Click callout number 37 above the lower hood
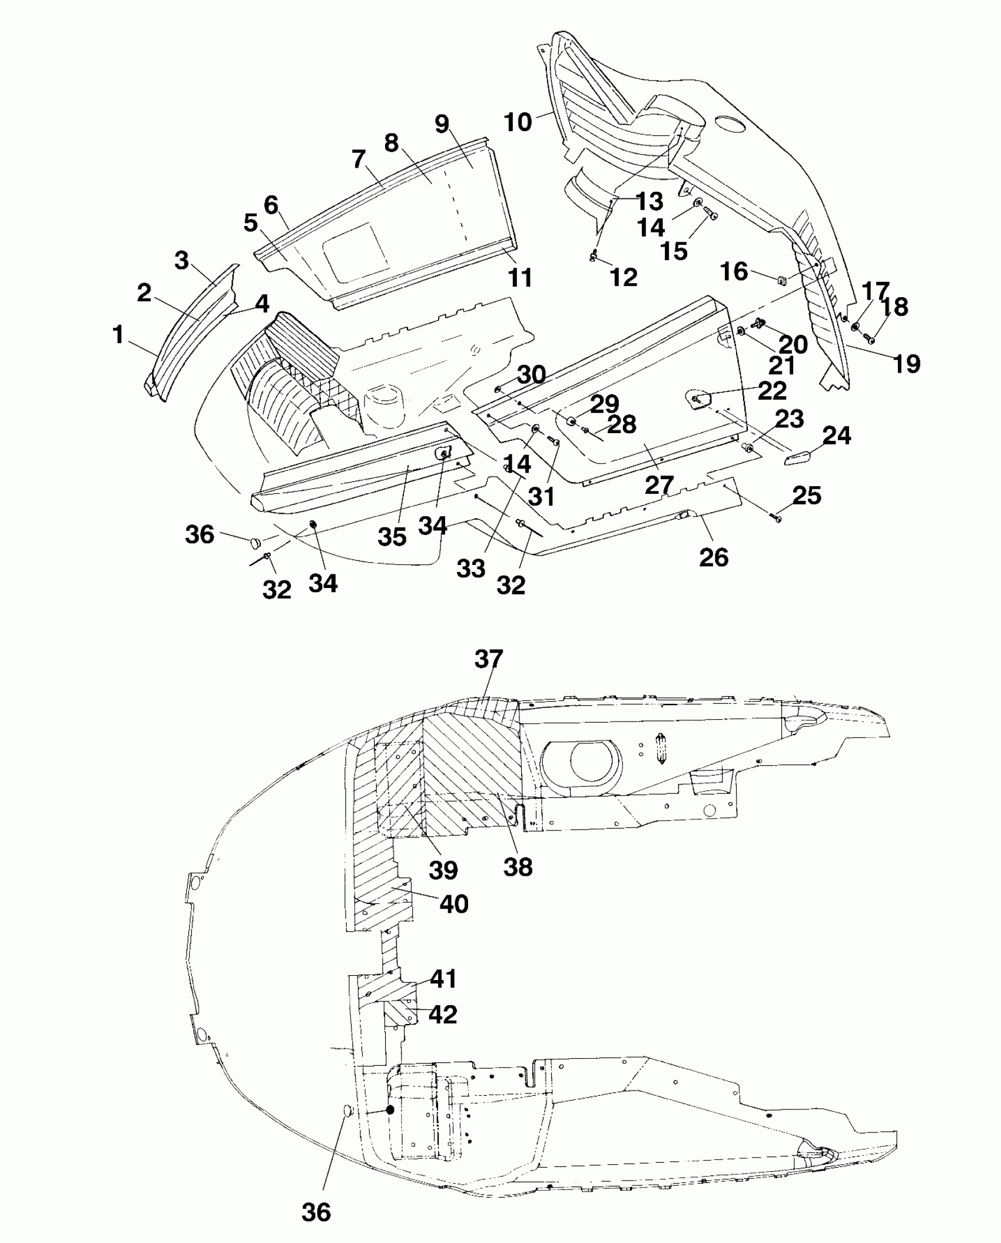tap(489, 660)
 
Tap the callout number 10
tap(518, 122)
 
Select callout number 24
tap(837, 436)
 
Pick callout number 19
tap(907, 364)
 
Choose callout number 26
tap(714, 557)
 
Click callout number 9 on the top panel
tap(442, 124)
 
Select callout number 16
tap(734, 271)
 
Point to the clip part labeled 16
tap(782, 279)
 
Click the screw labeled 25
tap(778, 518)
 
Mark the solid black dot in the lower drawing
tap(390, 1109)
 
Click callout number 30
tap(531, 374)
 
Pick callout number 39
tap(443, 870)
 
